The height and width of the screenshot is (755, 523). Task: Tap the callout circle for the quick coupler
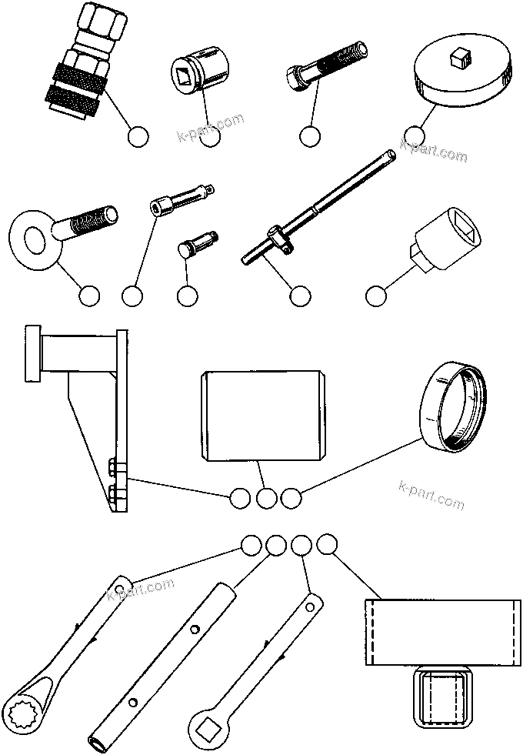pos(138,137)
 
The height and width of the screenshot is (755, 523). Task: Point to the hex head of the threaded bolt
pos(295,77)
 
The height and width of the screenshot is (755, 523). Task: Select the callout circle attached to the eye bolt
pos(89,296)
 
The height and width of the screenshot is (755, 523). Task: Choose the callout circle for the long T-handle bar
pos(299,296)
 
